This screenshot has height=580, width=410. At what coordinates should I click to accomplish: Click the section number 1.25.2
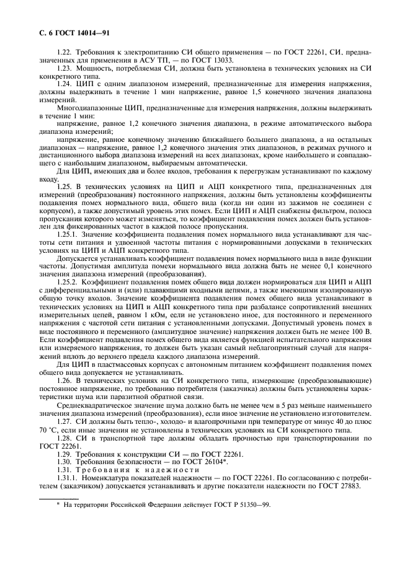(x=68, y=282)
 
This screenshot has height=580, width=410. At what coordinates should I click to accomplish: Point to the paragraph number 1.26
(x=64, y=379)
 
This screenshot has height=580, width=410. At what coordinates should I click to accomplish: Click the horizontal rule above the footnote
(x=58, y=498)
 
